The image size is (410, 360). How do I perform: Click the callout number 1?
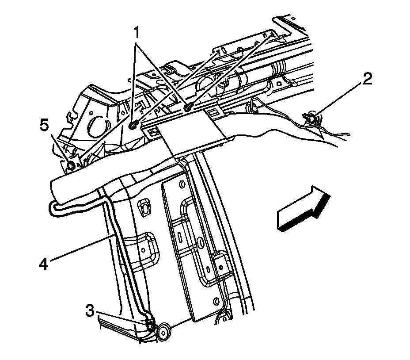[137, 32]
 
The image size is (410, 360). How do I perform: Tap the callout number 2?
[367, 80]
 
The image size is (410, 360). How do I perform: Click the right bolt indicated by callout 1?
[189, 107]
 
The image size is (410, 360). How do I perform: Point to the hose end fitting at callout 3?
[151, 326]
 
